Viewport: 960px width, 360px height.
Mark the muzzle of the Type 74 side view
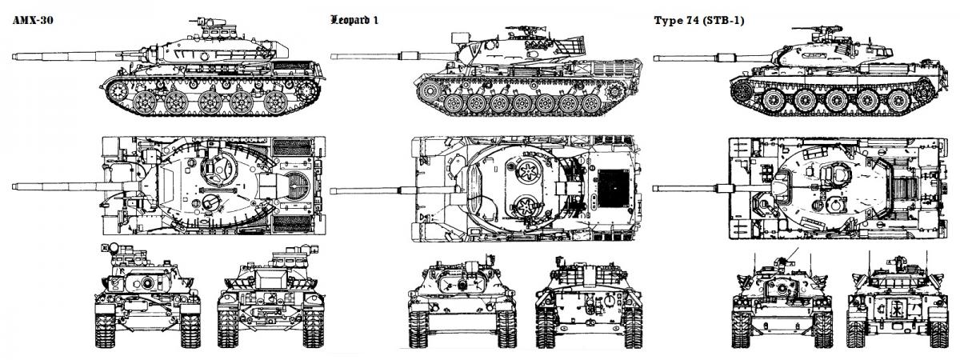(656, 57)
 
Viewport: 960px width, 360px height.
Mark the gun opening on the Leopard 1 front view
(462, 284)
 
